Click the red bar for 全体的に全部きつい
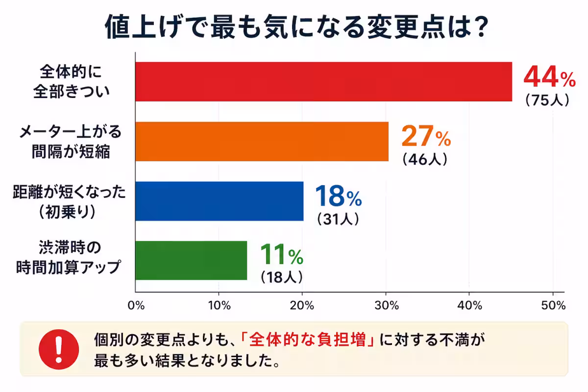click(323, 82)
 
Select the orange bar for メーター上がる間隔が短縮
click(262, 142)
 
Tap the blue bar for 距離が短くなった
click(219, 201)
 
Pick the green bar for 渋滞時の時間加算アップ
click(191, 261)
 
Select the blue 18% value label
click(338, 197)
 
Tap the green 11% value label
click(281, 255)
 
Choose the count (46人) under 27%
click(424, 160)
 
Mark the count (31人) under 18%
click(338, 219)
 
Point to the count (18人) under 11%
click(281, 277)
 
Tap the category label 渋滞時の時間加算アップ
click(68, 257)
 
